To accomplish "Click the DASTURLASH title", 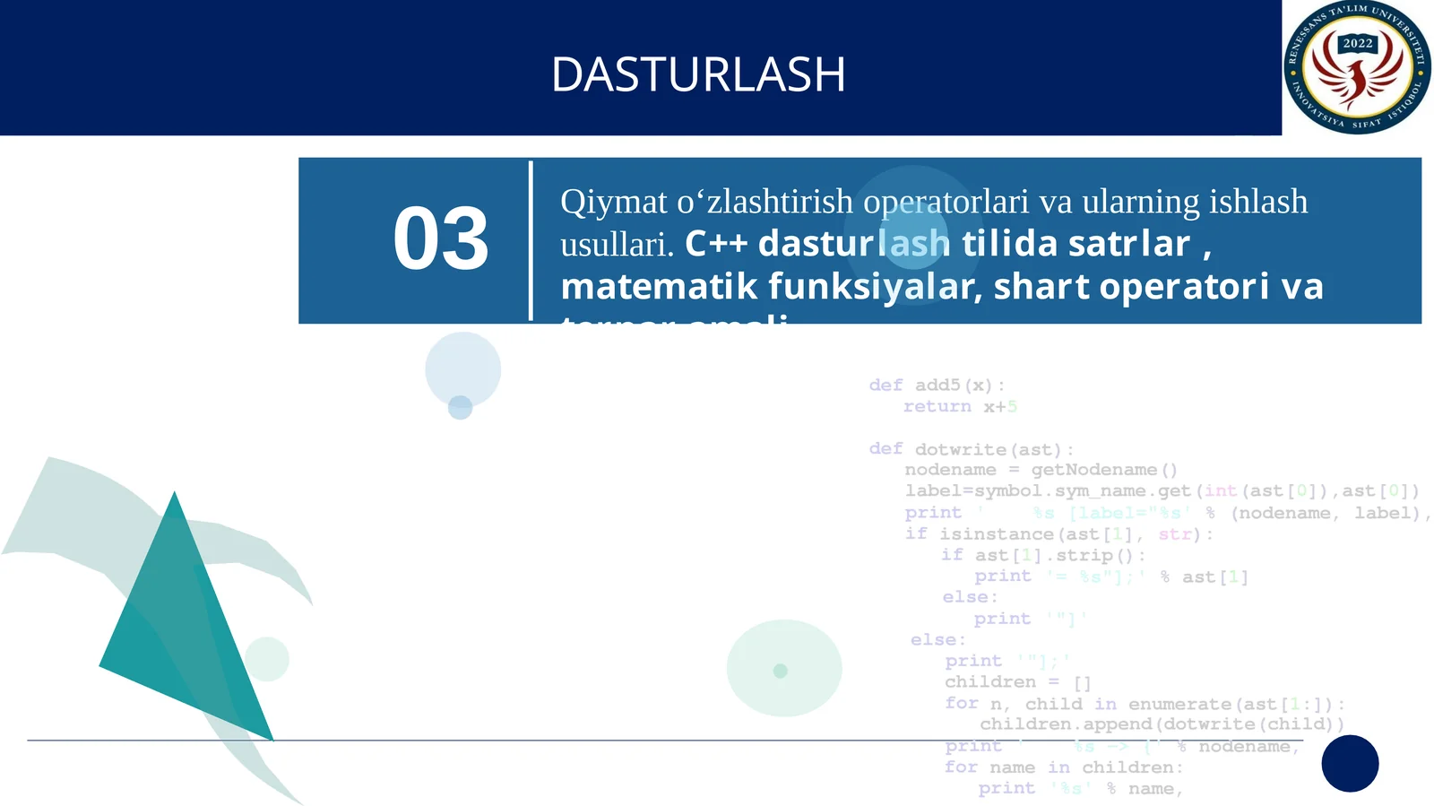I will coord(698,74).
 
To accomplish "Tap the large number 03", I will coord(441,239).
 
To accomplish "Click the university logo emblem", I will coord(1357,68).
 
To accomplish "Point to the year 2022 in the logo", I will coord(1357,43).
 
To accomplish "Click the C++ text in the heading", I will coord(716,244).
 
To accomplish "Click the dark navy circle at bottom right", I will coord(1350,763).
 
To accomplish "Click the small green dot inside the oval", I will coord(780,671).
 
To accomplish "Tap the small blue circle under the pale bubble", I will coord(460,407).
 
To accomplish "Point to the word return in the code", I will coord(937,407).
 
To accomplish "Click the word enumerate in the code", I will coord(1179,705).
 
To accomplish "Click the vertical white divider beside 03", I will coord(531,240).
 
